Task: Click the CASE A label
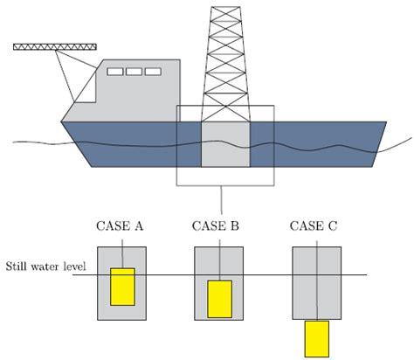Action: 121,227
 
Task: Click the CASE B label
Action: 216,227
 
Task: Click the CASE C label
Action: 314,227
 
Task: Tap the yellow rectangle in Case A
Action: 122,287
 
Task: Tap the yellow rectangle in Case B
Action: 218,298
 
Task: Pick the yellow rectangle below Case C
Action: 315,338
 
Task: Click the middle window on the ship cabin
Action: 133,72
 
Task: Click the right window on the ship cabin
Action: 153,72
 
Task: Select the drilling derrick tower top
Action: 224,12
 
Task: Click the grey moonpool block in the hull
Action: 224,144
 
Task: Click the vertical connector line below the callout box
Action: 224,198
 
